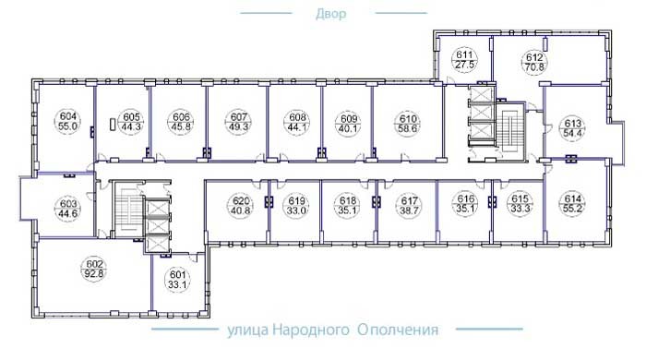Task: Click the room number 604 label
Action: click(68, 116)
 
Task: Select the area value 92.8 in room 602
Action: click(94, 273)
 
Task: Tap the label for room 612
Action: click(534, 57)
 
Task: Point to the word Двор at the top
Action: click(330, 14)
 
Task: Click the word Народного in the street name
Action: click(311, 330)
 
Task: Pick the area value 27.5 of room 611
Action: click(465, 65)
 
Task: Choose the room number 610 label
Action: click(408, 119)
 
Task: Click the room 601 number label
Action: click(177, 274)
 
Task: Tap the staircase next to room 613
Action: click(511, 132)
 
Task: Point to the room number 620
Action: click(241, 201)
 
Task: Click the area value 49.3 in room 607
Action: click(239, 126)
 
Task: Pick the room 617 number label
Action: click(409, 201)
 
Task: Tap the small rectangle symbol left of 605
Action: click(113, 125)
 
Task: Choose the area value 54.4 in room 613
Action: click(573, 133)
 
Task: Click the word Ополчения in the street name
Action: click(398, 330)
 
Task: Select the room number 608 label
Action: click(297, 118)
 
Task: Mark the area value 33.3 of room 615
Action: click(520, 208)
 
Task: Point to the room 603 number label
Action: click(68, 203)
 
